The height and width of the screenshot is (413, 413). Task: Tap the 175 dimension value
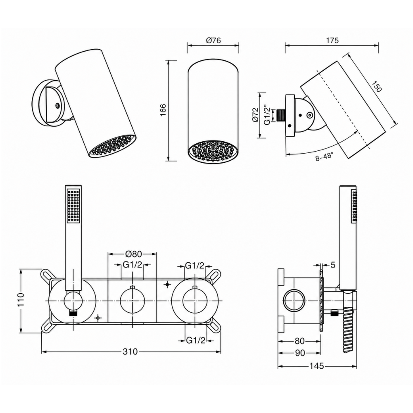click(x=332, y=40)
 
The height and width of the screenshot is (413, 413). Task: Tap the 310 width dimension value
click(x=130, y=351)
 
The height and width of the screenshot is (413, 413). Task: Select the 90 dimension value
click(x=300, y=353)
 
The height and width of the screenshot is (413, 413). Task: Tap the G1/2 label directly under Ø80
click(x=133, y=265)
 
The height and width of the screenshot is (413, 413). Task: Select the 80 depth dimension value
click(x=300, y=341)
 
